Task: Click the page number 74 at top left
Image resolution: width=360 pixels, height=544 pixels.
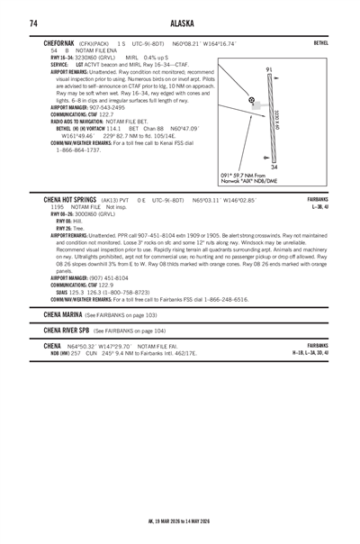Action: click(x=33, y=23)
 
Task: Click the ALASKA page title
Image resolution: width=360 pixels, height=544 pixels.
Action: click(x=179, y=23)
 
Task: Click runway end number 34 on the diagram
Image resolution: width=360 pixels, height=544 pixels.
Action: click(x=274, y=168)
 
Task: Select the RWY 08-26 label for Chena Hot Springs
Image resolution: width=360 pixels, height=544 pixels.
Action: click(x=65, y=213)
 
